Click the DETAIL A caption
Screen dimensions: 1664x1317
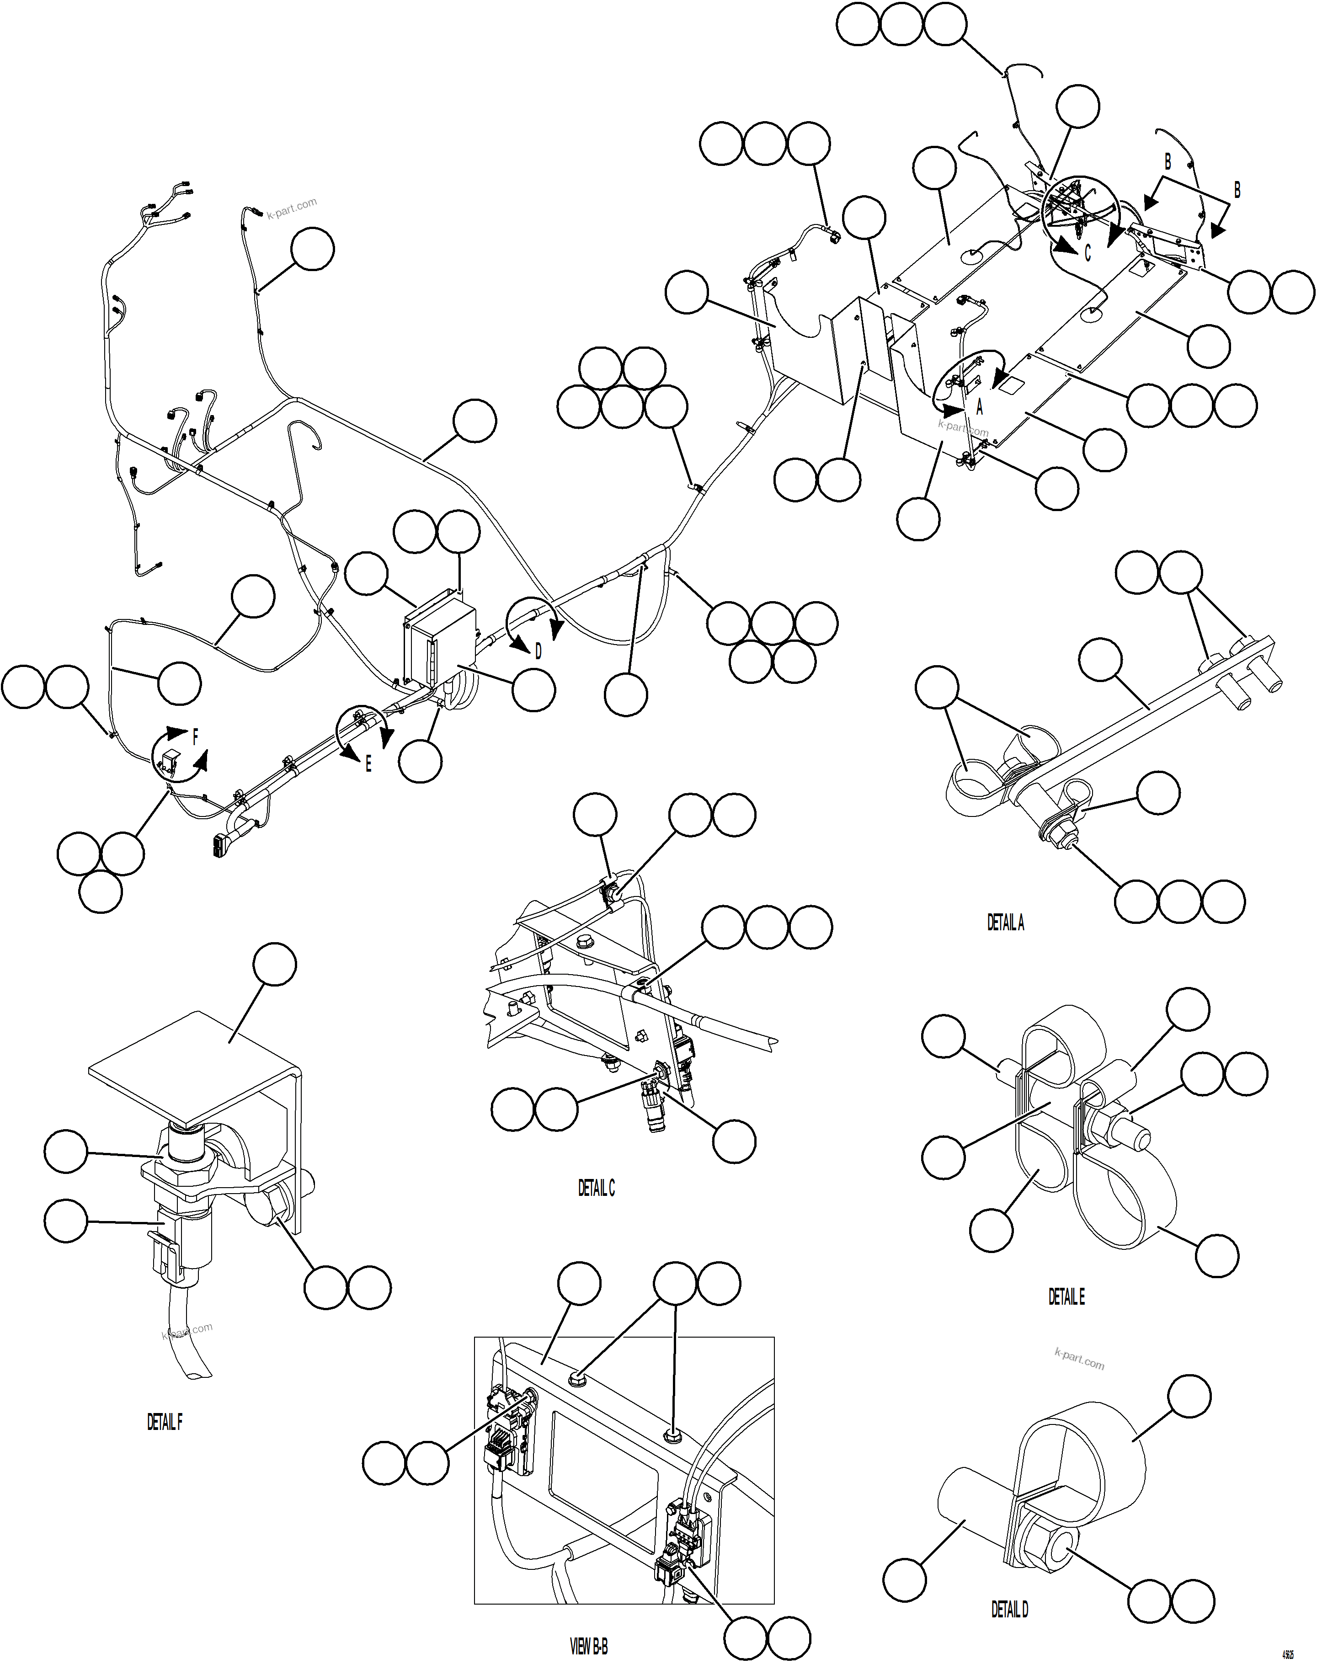[1006, 923]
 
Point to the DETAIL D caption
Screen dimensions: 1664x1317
[1009, 1609]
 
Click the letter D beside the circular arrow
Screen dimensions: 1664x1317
[538, 651]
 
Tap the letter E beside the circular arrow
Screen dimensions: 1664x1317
[368, 765]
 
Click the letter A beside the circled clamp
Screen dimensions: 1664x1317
[979, 408]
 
